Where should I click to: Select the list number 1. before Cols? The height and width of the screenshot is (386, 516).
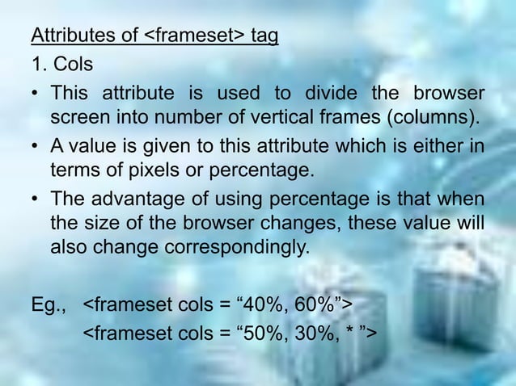pyautogui.click(x=40, y=65)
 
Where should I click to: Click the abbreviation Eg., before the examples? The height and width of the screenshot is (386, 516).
pyautogui.click(x=49, y=304)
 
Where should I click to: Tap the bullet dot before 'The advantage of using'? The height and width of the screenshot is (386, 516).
pyautogui.click(x=36, y=198)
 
